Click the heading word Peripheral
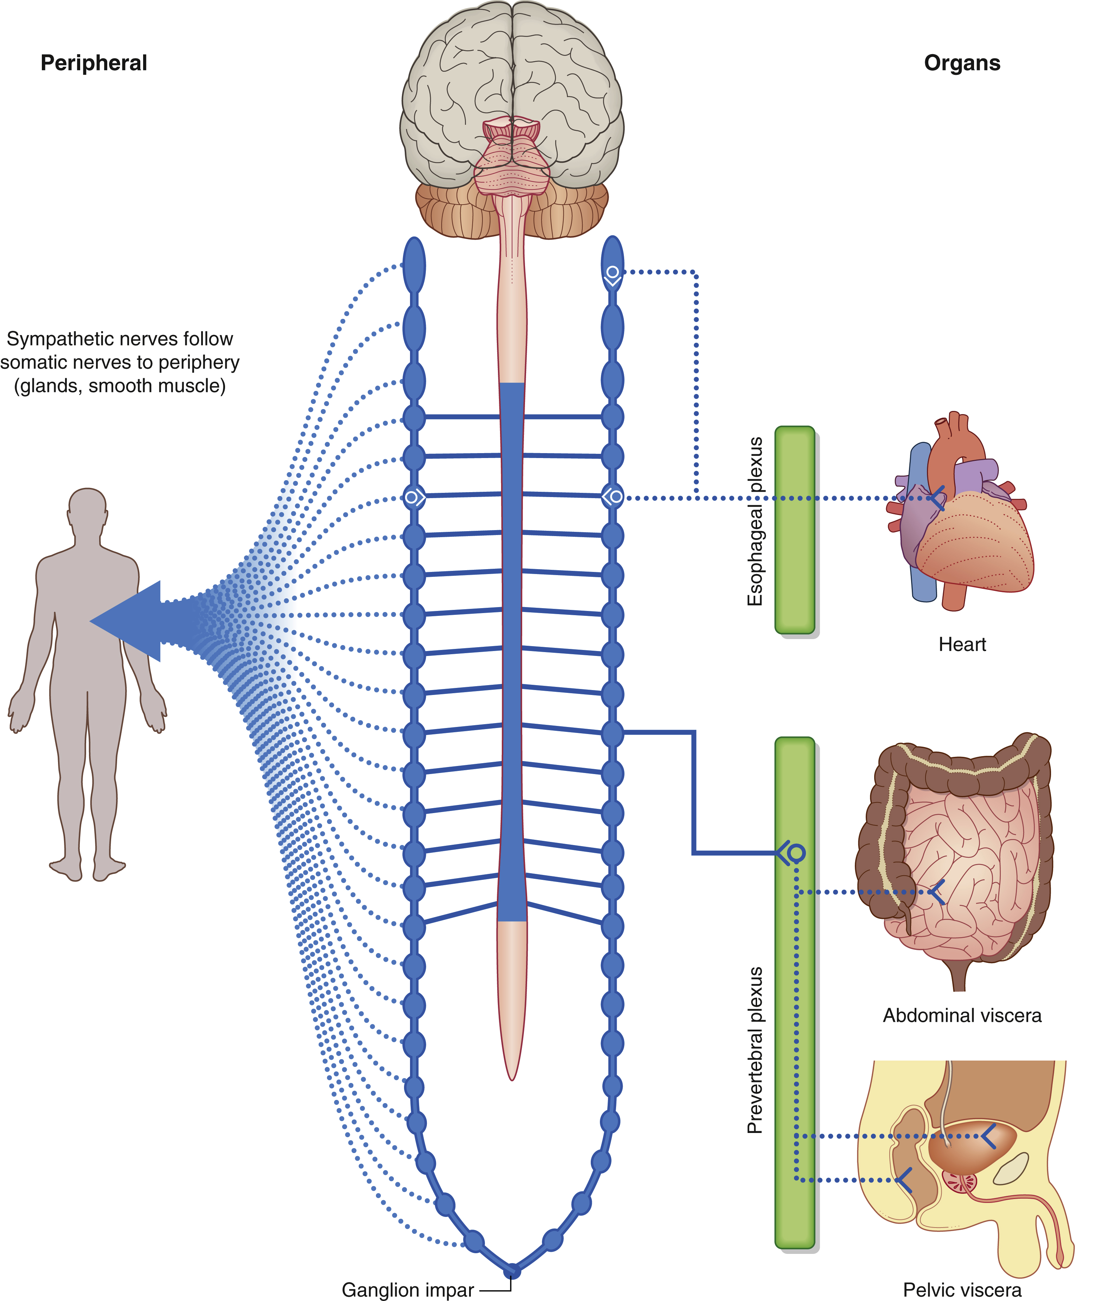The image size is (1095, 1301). click(x=94, y=63)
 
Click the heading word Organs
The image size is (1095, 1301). click(x=962, y=63)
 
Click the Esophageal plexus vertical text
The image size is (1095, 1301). click(x=755, y=521)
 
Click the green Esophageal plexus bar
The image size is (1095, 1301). click(x=795, y=530)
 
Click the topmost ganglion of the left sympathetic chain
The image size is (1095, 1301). click(x=414, y=265)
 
